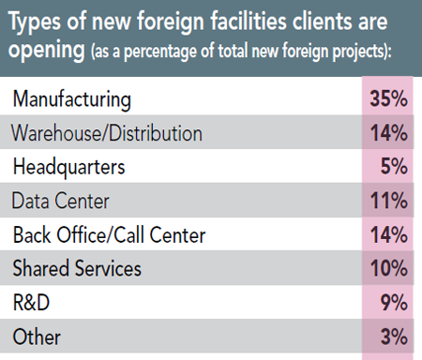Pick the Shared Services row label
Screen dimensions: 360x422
tap(76, 268)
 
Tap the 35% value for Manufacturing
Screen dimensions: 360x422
tap(388, 97)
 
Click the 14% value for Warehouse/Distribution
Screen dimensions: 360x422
tap(388, 132)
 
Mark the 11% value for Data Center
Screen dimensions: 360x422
tap(388, 200)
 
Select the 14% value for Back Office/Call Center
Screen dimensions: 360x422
tap(388, 234)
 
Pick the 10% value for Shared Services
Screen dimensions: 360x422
tap(388, 268)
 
